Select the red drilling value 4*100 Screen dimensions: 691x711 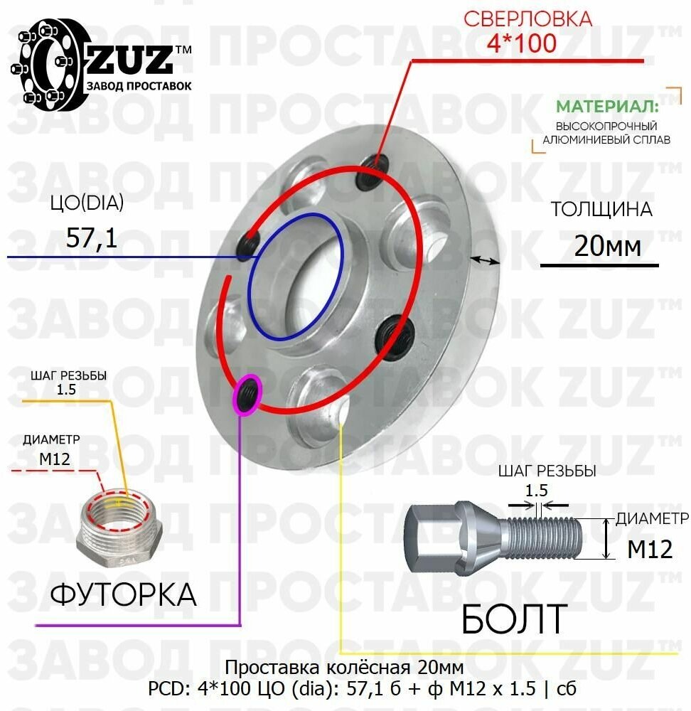[x=522, y=43]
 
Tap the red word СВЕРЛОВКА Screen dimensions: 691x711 [x=527, y=18]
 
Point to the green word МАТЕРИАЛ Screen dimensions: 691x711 [x=606, y=107]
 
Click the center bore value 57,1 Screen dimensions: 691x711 [x=92, y=237]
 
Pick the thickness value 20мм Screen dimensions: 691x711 [x=607, y=247]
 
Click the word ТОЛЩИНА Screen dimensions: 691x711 [x=601, y=210]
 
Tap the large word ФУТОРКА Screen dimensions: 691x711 [x=123, y=594]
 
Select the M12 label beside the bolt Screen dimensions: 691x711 [x=650, y=549]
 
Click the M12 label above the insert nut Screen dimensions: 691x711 [x=54, y=459]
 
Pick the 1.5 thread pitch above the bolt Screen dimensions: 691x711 [x=537, y=490]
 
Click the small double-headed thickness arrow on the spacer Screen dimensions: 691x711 [x=485, y=260]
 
